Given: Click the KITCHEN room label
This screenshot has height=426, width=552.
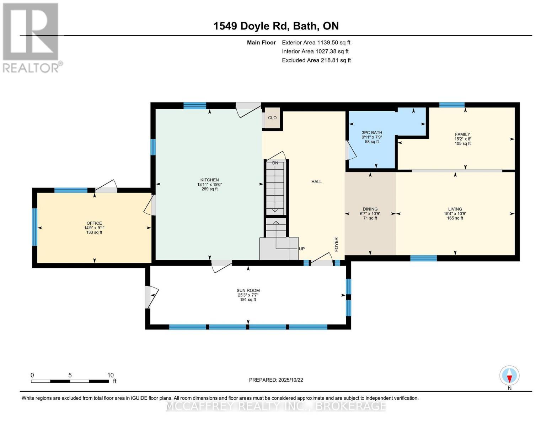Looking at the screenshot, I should [209, 180].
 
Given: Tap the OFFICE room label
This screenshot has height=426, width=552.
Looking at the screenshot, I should [94, 223].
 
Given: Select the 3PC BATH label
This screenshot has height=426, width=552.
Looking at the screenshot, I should [372, 133].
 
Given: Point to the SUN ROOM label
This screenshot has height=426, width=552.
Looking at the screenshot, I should [248, 291].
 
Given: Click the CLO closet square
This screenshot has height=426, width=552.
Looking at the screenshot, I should [272, 118].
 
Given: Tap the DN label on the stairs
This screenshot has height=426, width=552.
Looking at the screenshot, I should [275, 163].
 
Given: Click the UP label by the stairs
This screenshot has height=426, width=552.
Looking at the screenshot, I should [302, 249].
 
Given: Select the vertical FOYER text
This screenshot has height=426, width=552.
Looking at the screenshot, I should [336, 245].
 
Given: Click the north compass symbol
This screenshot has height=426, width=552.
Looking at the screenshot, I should [509, 376].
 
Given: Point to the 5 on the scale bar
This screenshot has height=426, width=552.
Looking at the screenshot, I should [70, 375].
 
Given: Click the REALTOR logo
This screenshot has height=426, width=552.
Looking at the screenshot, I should [31, 37].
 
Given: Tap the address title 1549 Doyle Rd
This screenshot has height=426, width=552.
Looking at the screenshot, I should [276, 26].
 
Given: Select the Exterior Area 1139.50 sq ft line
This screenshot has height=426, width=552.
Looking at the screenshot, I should [316, 43].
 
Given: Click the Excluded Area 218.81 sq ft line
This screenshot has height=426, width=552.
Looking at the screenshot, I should [316, 60].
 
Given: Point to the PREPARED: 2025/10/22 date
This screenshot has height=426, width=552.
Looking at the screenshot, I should [276, 380].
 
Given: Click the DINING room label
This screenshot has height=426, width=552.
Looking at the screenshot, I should [370, 209].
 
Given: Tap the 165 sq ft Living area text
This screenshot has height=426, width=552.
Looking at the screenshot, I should [455, 218].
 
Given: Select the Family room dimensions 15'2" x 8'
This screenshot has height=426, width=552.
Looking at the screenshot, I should [462, 139].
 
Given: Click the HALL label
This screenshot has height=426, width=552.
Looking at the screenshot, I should [316, 182].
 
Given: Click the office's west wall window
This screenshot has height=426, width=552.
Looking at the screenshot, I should [34, 227].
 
